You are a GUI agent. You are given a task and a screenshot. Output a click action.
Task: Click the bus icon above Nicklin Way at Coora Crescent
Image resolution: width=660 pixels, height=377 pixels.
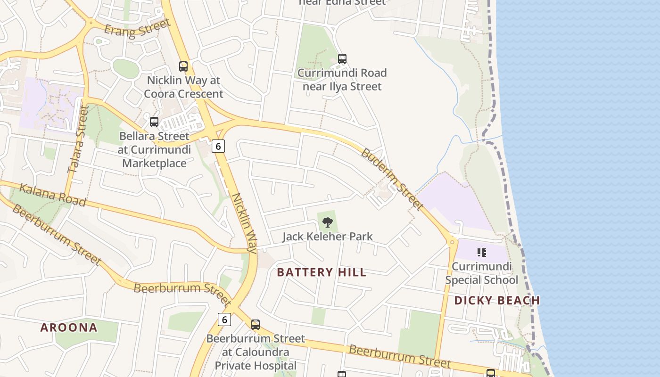(x=183, y=66)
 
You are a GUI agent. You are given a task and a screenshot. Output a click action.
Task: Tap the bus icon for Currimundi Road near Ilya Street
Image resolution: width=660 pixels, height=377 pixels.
(x=342, y=59)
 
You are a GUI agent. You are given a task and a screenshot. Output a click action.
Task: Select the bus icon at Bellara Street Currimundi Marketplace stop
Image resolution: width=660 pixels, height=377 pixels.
(x=154, y=122)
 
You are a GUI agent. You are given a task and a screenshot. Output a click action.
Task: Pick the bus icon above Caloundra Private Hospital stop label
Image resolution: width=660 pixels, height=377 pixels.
(x=256, y=325)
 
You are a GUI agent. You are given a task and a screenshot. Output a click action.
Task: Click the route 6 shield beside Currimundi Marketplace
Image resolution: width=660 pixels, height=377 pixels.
(x=218, y=146)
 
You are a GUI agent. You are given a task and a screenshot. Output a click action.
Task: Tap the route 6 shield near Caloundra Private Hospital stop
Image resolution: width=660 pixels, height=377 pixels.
(x=224, y=320)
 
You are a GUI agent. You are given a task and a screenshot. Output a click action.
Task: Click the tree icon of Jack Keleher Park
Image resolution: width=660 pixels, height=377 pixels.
(x=327, y=222)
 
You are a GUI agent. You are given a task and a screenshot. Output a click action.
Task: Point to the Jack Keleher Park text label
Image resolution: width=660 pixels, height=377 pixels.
(x=327, y=236)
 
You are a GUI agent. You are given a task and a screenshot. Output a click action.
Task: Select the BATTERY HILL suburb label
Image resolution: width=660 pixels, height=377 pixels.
(x=322, y=272)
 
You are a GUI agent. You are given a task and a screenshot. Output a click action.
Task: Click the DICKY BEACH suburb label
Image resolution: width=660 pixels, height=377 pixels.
(x=497, y=300)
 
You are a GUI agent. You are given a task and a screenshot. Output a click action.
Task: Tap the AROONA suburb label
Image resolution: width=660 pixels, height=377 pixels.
(x=69, y=328)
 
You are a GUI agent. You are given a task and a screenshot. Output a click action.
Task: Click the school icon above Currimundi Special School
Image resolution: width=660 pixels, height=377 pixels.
(x=481, y=253)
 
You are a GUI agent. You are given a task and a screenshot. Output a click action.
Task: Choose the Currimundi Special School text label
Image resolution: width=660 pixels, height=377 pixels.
(x=481, y=273)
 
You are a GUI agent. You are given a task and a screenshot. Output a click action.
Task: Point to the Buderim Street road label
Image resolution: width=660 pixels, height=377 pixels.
(x=392, y=179)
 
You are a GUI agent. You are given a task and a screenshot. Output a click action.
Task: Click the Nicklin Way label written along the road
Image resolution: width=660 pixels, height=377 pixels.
(x=244, y=222)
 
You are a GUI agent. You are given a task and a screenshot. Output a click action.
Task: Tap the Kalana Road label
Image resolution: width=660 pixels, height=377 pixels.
(x=52, y=195)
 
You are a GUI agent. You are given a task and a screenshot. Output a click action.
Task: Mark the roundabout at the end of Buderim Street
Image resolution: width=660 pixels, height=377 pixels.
(x=452, y=242)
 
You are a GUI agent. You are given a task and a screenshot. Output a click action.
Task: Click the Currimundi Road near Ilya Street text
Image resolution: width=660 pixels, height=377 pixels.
(x=342, y=80)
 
